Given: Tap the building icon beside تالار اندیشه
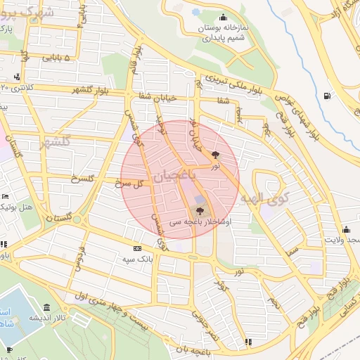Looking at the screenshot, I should click(46, 308).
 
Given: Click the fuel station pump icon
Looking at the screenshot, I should click(326, 96).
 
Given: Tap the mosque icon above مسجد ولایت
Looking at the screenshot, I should click(346, 229).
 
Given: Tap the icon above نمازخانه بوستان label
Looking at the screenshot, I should click(224, 18).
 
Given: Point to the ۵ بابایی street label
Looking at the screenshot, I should click(67, 58).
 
